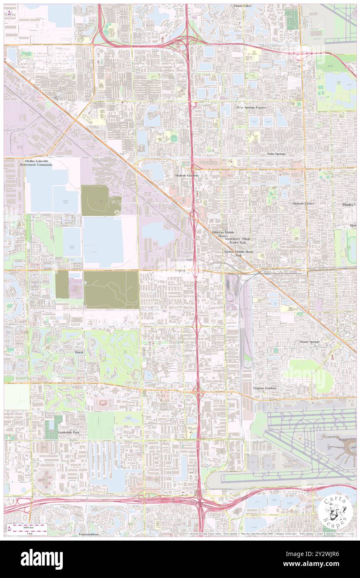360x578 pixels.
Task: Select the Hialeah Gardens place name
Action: tap(186, 176)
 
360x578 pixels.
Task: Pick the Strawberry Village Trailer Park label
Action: tap(238, 241)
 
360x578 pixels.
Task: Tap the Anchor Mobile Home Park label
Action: tap(238, 254)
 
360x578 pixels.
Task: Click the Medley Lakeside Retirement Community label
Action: tap(37, 163)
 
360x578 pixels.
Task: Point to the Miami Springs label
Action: tap(309, 341)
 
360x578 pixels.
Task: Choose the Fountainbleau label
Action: tap(88, 534)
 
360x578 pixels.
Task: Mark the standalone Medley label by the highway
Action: tap(180, 270)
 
